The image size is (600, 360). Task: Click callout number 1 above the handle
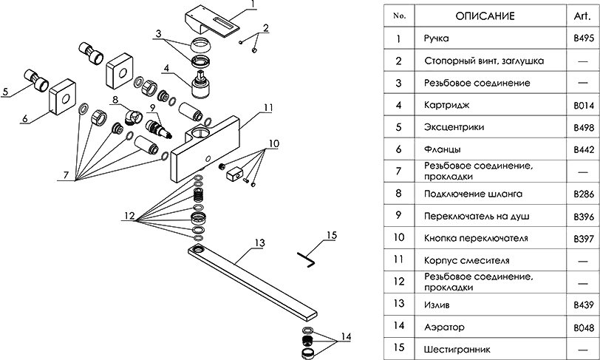pyautogui.click(x=252, y=4)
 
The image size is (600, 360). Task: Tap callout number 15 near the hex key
pyautogui.click(x=330, y=235)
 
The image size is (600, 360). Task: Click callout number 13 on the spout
pyautogui.click(x=259, y=242)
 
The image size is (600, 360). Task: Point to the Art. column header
pyautogui.click(x=584, y=15)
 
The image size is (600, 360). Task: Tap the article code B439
pyautogui.click(x=584, y=305)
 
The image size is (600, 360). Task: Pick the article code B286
pyautogui.click(x=584, y=194)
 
